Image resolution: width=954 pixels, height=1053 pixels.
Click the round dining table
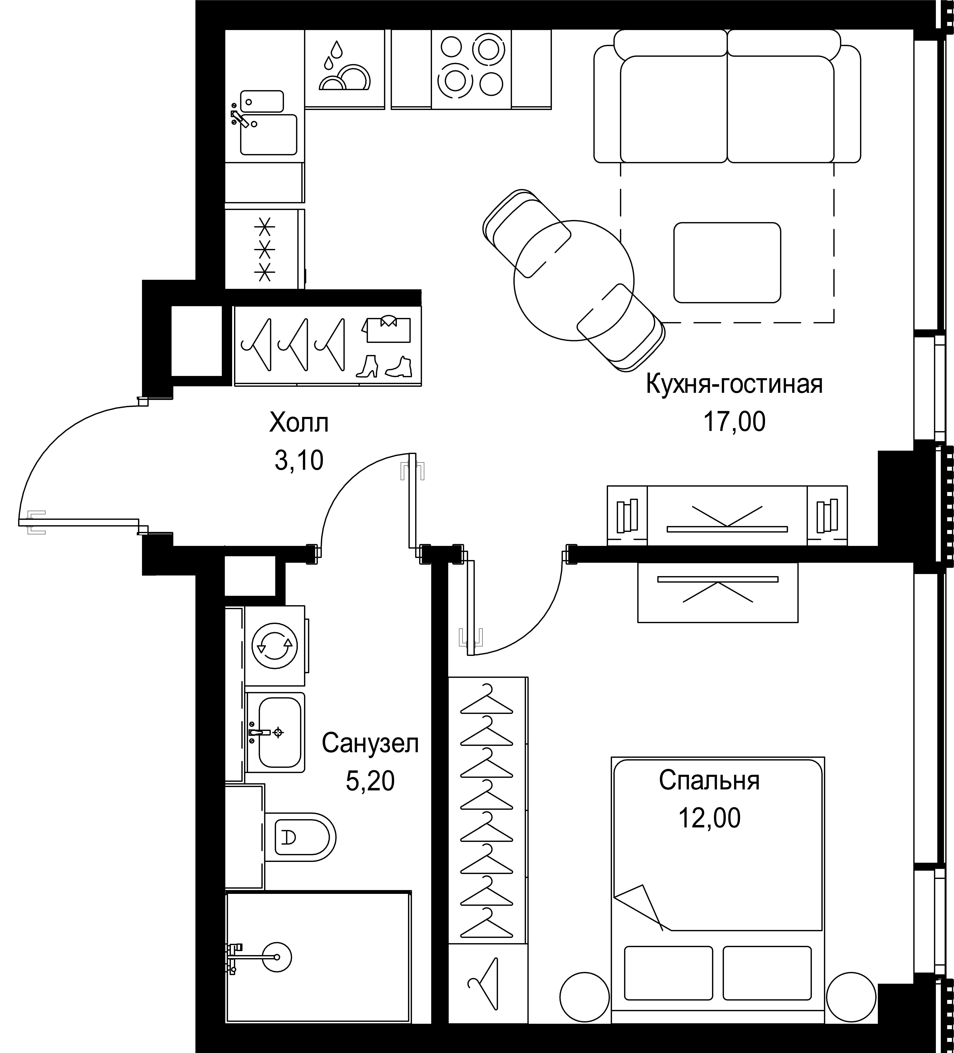[574, 280]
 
